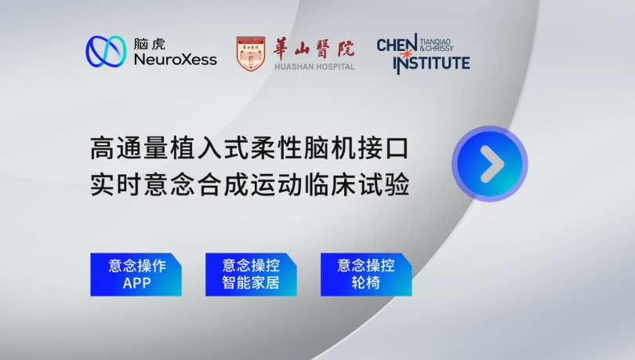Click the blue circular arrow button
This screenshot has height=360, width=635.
[x=490, y=164]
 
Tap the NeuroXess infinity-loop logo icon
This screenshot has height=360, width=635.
[x=106, y=52]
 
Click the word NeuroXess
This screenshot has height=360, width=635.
[x=176, y=60]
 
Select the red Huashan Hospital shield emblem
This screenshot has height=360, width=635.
[x=251, y=53]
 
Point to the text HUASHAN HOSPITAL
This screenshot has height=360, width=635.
[x=314, y=67]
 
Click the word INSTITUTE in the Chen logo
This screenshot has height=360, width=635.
[x=432, y=64]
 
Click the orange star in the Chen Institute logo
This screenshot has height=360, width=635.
[x=407, y=53]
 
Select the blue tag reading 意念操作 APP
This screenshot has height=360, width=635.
[x=136, y=275]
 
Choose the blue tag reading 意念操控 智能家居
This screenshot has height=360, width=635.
[x=251, y=275]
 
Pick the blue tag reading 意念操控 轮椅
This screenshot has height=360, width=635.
[x=366, y=275]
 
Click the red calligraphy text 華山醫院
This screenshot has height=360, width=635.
[x=314, y=49]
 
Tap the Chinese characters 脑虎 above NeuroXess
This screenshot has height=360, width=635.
[x=150, y=44]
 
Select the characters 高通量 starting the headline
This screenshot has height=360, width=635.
[x=129, y=148]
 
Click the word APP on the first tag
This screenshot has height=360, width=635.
[x=136, y=283]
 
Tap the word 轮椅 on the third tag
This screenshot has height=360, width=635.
[x=365, y=282]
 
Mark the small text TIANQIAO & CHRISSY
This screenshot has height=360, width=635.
[x=437, y=45]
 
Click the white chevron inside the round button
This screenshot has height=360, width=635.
[x=492, y=164]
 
